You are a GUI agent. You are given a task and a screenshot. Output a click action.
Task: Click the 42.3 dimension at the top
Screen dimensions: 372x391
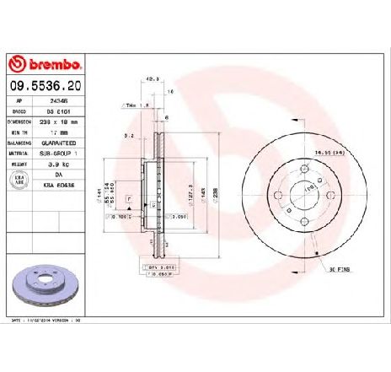point(153,81)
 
